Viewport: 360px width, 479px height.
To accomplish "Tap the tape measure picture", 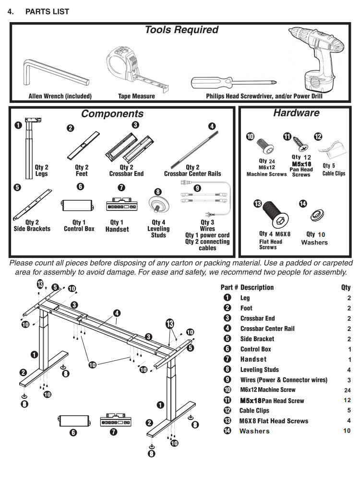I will [x=127, y=67].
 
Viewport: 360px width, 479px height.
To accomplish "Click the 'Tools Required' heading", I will [x=181, y=30].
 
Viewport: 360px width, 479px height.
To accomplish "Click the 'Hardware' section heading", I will [x=296, y=113].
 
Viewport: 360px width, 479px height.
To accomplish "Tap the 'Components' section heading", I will [x=112, y=114].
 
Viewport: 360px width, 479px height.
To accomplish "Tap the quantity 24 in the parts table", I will [x=348, y=390].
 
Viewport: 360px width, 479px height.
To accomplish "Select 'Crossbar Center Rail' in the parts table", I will [x=267, y=329].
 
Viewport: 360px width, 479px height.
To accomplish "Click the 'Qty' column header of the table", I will [x=346, y=287].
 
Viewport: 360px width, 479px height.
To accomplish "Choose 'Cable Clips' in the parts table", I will [x=254, y=411].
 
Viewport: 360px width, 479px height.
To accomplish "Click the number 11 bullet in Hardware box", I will [x=287, y=137].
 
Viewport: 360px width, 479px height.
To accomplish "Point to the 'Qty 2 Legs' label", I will [x=41, y=171].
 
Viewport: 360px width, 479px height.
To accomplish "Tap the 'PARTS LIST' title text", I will [x=47, y=12].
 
